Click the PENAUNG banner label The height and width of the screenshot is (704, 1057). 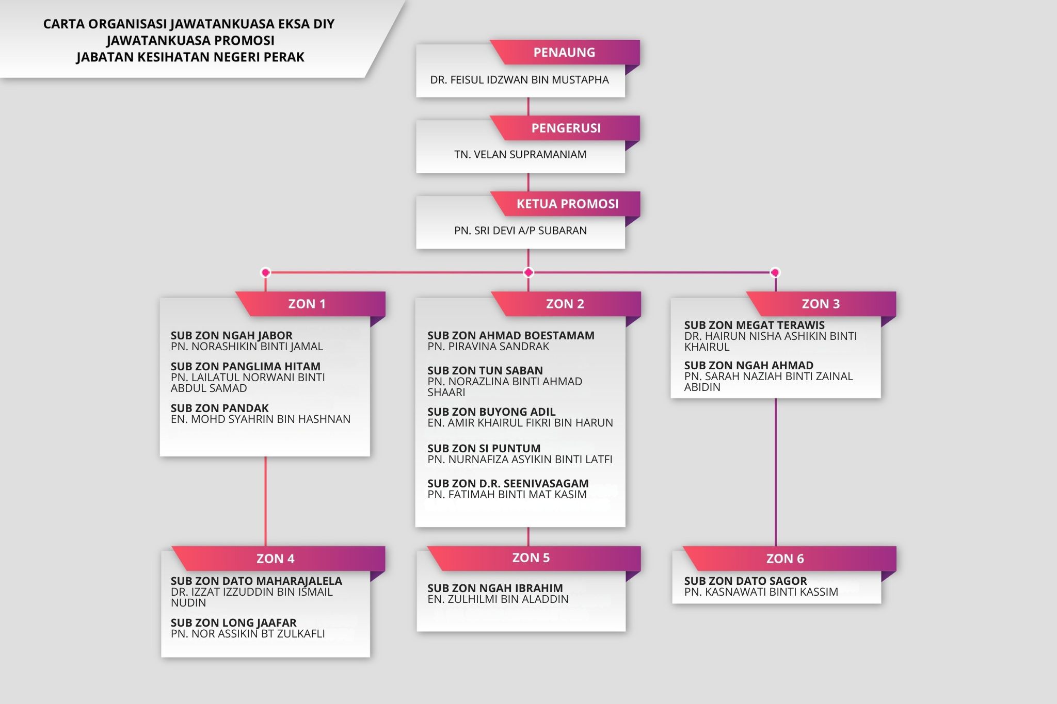tap(564, 52)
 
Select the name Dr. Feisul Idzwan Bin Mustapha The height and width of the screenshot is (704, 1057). tap(520, 80)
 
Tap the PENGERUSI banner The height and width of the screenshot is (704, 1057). tap(566, 128)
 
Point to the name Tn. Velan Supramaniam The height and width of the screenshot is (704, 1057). tap(520, 154)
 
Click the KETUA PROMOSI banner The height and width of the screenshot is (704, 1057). tap(567, 204)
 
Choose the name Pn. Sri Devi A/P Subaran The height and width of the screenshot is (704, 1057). tap(520, 231)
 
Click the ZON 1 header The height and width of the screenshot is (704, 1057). tap(307, 304)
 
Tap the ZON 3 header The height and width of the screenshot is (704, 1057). tap(821, 304)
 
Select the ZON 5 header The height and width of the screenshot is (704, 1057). tap(531, 558)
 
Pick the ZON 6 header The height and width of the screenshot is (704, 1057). tap(785, 559)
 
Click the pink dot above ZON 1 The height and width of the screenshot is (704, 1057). tap(266, 272)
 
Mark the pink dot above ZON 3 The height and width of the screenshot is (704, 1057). tap(775, 272)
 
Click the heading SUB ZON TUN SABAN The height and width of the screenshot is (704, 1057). tap(485, 370)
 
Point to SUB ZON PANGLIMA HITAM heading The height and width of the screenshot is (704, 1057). tap(246, 366)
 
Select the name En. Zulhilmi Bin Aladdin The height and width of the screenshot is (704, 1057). tap(498, 599)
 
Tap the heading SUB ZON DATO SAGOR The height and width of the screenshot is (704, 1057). tap(745, 581)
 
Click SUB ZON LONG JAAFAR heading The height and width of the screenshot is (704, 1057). tap(233, 623)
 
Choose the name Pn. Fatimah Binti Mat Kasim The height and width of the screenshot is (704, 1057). tap(507, 494)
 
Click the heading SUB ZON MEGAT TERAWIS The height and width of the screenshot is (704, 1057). tap(754, 325)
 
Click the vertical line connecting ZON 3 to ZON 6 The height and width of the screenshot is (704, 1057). tap(775, 472)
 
